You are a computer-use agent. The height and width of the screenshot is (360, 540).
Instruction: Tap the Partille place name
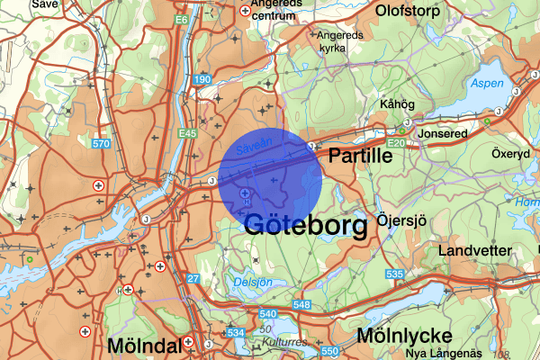(360, 156)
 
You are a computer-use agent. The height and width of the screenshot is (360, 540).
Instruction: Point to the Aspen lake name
(487, 83)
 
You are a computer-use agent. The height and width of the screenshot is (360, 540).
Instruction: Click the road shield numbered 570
(100, 144)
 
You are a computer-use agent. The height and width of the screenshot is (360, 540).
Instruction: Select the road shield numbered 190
(201, 81)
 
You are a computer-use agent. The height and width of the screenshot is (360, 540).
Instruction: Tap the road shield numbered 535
(393, 274)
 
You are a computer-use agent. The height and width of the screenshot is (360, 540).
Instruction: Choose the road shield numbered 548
(301, 306)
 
